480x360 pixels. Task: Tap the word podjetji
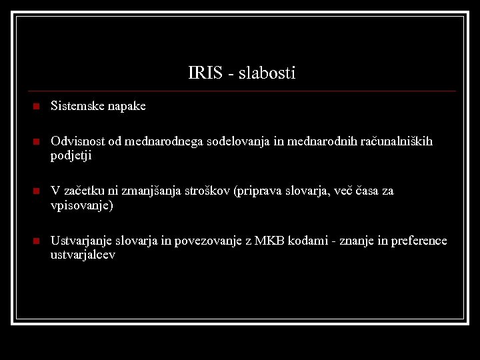point(71,156)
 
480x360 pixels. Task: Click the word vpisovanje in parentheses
point(81,206)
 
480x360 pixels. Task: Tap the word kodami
point(306,241)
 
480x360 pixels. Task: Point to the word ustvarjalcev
point(83,255)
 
